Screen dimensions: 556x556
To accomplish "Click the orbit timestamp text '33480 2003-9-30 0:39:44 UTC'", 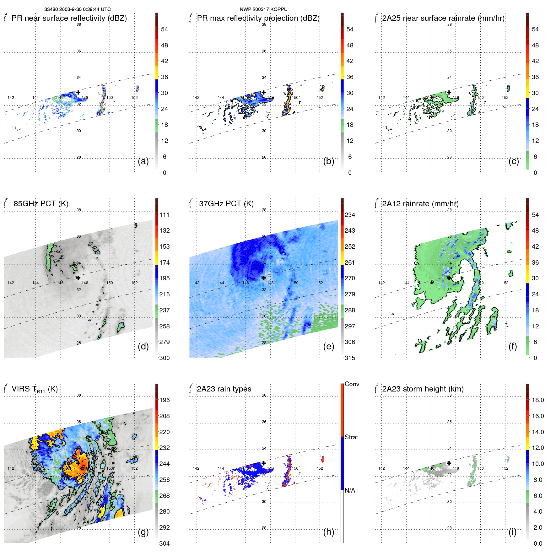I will pyautogui.click(x=77, y=9).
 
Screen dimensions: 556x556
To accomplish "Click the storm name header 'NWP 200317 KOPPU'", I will pyautogui.click(x=263, y=9).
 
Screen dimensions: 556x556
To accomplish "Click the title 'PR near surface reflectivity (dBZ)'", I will pyautogui.click(x=69, y=18).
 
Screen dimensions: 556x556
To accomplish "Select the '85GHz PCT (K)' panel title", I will pyautogui.click(x=41, y=204).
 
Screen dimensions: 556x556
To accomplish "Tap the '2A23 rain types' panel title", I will pyautogui.click(x=224, y=389).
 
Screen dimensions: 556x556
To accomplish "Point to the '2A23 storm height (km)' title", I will pyautogui.click(x=423, y=389).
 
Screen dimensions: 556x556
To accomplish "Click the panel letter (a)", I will pyautogui.click(x=143, y=161).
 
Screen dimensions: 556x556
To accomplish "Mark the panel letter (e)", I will pyautogui.click(x=328, y=346).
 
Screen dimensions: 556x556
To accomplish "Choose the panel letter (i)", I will pyautogui.click(x=512, y=532).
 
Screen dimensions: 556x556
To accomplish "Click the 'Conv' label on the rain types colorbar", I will pyautogui.click(x=352, y=384).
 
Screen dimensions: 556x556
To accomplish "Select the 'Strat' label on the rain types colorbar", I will pyautogui.click(x=351, y=437).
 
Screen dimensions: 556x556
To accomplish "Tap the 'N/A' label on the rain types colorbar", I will pyautogui.click(x=350, y=490).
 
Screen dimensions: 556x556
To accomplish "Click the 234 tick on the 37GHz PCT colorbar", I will pyautogui.click(x=350, y=215).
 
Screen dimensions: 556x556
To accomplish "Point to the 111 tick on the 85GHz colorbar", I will pyautogui.click(x=164, y=215).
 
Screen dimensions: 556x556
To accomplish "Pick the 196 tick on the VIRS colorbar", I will pyautogui.click(x=164, y=400).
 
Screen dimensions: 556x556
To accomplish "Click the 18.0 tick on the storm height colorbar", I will pyautogui.click(x=537, y=400).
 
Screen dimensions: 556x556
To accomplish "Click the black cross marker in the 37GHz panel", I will pyautogui.click(x=264, y=278).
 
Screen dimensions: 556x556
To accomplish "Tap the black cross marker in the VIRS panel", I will pyautogui.click(x=78, y=463).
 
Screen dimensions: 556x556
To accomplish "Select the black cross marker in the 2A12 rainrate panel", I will pyautogui.click(x=449, y=278).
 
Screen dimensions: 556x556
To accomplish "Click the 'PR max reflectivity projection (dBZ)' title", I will pyautogui.click(x=258, y=18).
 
